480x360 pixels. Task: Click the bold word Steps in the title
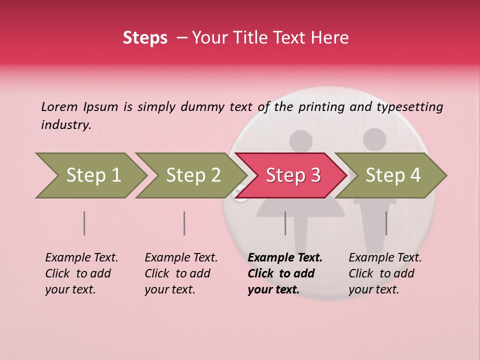(x=145, y=38)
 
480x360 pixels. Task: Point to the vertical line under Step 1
(x=84, y=223)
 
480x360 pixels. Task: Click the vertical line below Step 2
(x=184, y=223)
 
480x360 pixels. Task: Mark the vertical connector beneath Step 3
(x=285, y=223)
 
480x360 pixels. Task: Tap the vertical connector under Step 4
(x=386, y=223)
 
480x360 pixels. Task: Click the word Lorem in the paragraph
(x=59, y=106)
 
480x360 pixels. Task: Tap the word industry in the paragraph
(x=66, y=125)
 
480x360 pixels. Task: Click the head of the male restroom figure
(x=374, y=139)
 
